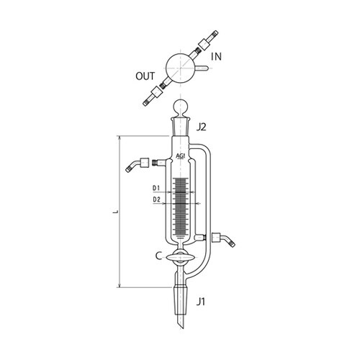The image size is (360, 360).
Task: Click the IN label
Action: point(216,57)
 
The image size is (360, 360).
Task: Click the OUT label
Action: point(145,76)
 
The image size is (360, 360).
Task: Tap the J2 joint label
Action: point(201,127)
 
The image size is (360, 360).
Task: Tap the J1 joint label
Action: point(201,302)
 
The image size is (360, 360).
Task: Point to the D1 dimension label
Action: point(156,188)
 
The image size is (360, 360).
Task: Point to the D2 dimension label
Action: point(156,199)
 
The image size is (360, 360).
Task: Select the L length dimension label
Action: point(116,212)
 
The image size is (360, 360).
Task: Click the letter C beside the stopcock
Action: point(158,256)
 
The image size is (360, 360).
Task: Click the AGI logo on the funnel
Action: point(181,156)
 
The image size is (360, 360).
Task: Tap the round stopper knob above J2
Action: point(181,107)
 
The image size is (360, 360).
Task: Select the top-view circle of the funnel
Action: point(181,68)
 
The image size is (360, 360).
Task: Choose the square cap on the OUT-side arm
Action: point(156,91)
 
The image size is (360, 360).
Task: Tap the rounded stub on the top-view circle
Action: point(202,68)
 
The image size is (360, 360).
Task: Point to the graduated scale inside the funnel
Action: point(181,207)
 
